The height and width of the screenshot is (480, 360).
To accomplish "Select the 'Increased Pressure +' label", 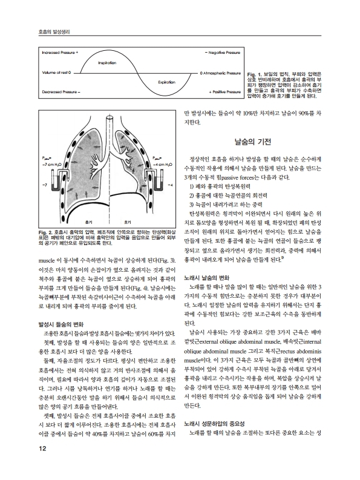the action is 60,53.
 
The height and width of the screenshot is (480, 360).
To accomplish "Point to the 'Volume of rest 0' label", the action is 56,72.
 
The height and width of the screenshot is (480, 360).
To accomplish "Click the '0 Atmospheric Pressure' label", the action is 220,72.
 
